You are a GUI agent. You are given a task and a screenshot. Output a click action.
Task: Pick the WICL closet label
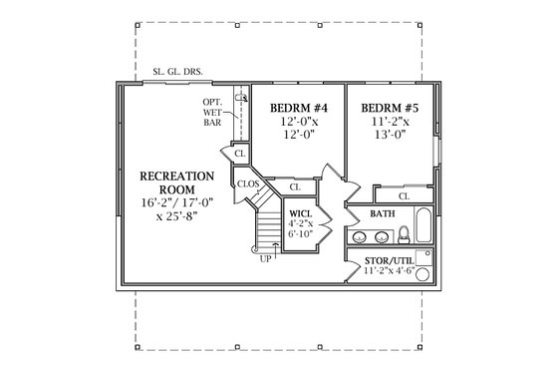coord(300,214)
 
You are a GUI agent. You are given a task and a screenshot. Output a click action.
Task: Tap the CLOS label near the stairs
coord(248,185)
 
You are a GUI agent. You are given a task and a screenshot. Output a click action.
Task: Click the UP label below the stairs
coord(266,259)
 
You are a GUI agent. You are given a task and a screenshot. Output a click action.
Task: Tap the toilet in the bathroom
coord(405,235)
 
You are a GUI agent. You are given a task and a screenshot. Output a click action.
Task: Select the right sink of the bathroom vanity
coord(382,237)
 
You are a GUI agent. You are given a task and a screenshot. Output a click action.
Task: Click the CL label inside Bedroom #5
coord(404,196)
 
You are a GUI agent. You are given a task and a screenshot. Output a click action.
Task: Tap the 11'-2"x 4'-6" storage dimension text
coord(390,268)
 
